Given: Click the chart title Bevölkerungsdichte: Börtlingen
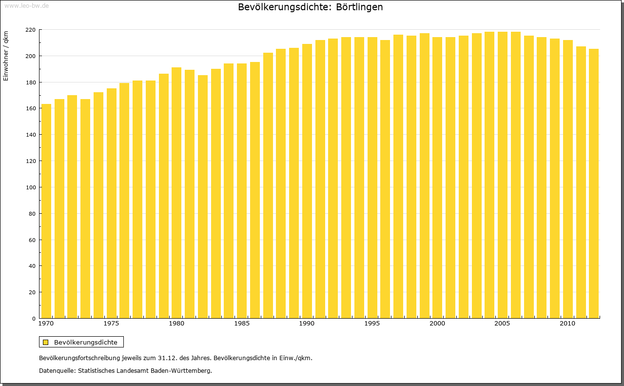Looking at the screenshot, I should click(x=310, y=7).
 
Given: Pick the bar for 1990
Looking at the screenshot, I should click(x=307, y=181).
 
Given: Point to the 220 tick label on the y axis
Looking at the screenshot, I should click(x=30, y=30).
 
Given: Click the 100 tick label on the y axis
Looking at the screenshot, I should click(x=30, y=187).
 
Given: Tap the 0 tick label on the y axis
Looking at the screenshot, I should click(x=34, y=319).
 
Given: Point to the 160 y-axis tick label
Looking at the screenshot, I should click(x=30, y=108).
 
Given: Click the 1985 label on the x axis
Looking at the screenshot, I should click(x=242, y=324).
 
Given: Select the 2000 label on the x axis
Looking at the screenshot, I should click(x=437, y=324).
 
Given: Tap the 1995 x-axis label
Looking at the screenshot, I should click(x=372, y=324).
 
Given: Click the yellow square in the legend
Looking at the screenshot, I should click(x=45, y=343).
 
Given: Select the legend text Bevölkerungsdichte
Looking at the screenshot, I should click(x=85, y=343).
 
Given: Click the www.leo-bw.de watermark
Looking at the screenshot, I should click(x=26, y=5).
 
